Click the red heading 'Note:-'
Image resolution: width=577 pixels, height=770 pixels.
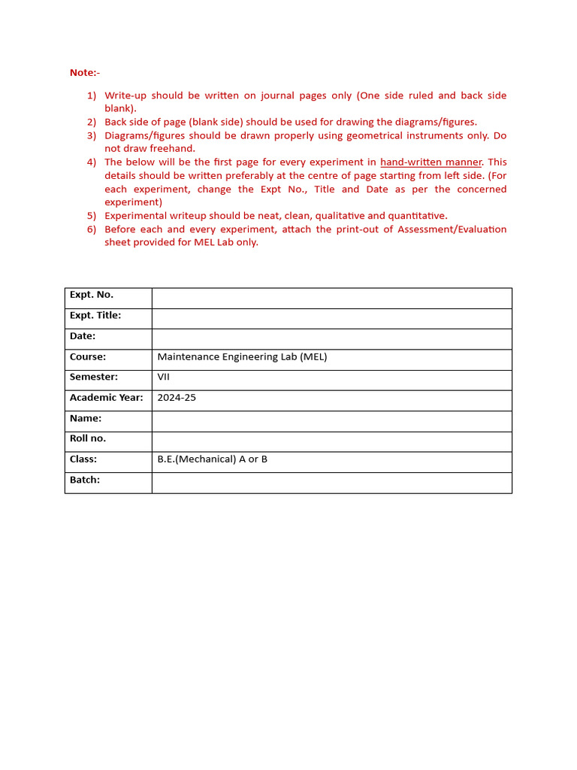point(84,72)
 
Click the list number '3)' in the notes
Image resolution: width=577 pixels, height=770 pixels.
point(92,135)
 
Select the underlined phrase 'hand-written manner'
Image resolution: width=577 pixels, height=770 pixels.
point(430,162)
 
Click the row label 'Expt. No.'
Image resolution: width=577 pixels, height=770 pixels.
point(92,295)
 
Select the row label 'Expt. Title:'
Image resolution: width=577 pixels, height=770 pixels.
point(95,316)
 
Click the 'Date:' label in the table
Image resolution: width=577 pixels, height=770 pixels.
point(83,336)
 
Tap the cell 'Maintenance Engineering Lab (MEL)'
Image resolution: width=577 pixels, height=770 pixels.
point(242,357)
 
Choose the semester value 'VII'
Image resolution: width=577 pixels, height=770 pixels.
point(163,377)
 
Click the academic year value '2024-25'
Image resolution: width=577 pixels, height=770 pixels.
point(177,398)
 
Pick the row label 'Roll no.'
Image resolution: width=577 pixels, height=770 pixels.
point(88,438)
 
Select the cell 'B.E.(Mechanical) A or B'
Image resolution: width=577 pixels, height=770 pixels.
point(212,459)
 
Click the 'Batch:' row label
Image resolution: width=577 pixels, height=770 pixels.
point(85,480)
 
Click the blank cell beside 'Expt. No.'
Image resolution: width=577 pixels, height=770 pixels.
point(331,298)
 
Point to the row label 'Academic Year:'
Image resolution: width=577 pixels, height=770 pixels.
point(106,398)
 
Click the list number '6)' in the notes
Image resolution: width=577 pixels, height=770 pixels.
point(92,229)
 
